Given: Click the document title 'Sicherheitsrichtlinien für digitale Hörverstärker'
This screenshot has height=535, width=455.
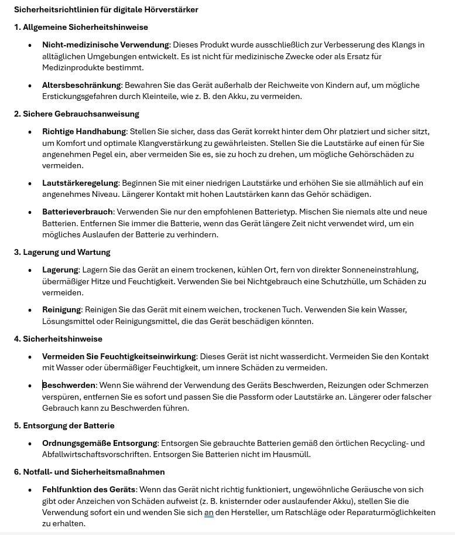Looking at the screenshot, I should point(106,9).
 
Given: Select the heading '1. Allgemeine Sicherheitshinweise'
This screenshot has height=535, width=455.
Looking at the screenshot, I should point(81,27).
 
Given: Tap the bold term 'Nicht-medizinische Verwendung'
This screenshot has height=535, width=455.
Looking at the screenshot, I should point(105,45).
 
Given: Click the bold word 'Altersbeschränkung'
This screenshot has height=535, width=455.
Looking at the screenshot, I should point(81,85).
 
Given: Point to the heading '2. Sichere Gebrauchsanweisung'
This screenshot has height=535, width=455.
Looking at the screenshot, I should point(76,114).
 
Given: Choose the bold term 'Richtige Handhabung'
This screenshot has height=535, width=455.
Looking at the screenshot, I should point(84,131).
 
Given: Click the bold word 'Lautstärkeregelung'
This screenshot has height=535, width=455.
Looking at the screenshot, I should point(80,183).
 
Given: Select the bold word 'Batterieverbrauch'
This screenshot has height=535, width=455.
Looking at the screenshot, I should point(77,212).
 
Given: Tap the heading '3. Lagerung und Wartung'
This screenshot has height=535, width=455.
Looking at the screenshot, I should point(62,252).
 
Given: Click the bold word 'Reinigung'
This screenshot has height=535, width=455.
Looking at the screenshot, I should point(61,309).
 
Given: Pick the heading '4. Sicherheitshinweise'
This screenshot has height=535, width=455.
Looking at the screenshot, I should point(58,339).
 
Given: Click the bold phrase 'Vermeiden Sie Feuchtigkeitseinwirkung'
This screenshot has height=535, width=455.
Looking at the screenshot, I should point(119,356).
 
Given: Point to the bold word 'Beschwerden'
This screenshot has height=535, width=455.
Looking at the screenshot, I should point(69,385).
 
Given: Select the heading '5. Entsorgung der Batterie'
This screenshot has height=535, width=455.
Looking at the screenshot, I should point(64,425).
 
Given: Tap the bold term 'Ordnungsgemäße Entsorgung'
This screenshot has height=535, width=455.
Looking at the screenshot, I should point(100,443).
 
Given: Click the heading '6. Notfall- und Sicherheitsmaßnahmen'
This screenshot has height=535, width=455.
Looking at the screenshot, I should point(89,472).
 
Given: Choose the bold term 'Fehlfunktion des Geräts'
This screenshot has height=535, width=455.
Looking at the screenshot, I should point(89,489).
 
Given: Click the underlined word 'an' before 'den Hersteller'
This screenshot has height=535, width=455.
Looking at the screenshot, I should point(208,512).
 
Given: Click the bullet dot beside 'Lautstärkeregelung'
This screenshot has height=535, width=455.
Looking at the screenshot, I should point(30,183).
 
